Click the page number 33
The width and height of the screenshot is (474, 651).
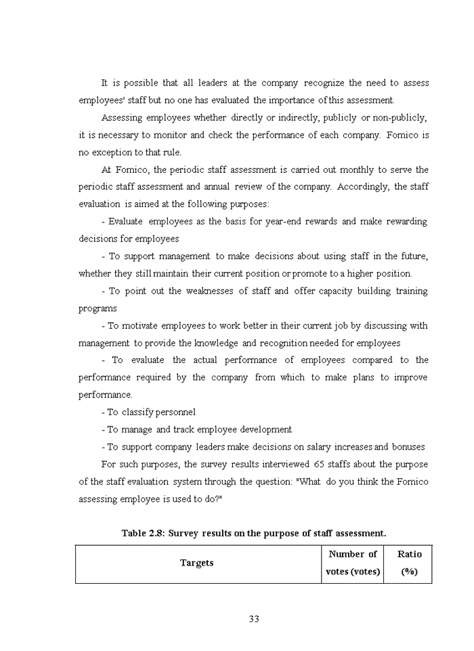pos(254,618)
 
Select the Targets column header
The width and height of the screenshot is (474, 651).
pos(196,563)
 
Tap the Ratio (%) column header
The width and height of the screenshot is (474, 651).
pos(409,563)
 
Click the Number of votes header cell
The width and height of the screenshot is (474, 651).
pos(353,563)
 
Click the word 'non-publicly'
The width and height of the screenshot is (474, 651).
pos(398,118)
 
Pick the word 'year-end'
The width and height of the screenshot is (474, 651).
pos(297,222)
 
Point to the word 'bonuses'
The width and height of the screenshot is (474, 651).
pos(408,447)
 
